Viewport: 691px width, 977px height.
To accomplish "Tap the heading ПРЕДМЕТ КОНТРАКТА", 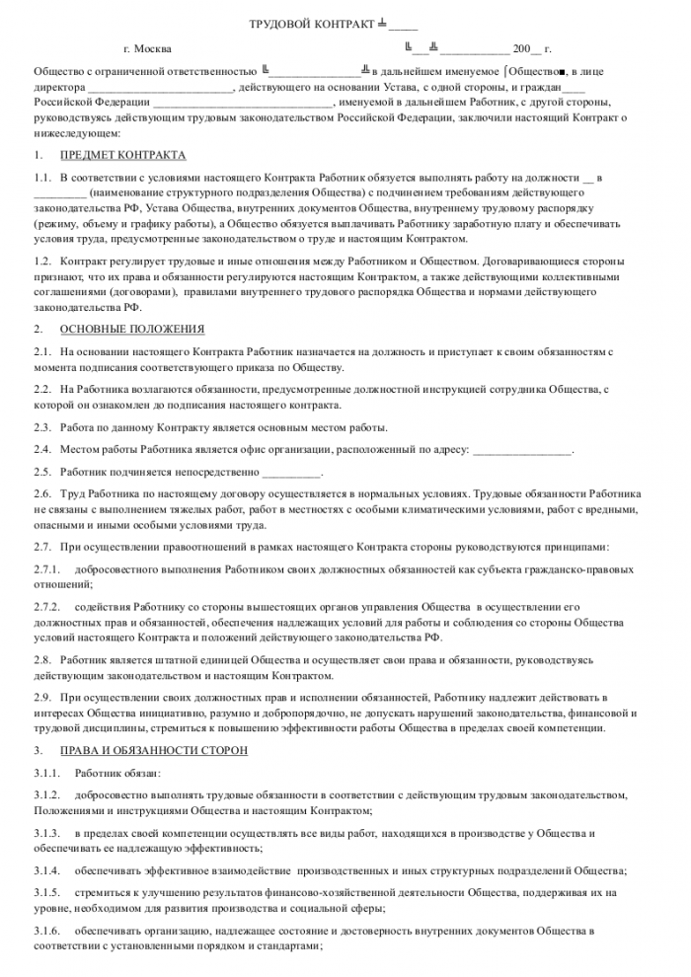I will (x=122, y=156).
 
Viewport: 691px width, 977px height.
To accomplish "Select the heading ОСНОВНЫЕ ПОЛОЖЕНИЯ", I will (x=132, y=328).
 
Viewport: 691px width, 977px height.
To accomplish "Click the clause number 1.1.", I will (x=42, y=178).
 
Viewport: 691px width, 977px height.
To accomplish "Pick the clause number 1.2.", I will (x=42, y=261).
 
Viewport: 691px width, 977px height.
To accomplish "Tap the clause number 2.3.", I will (x=42, y=426).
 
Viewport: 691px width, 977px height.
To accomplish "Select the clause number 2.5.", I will (x=42, y=471).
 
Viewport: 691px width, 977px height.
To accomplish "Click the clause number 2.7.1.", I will (x=46, y=569).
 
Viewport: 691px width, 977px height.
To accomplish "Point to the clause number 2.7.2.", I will (x=46, y=605).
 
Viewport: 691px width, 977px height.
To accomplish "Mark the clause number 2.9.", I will (x=42, y=697).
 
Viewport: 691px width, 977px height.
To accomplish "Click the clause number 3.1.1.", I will (x=46, y=773).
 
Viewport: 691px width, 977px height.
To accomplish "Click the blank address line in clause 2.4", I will (x=522, y=450).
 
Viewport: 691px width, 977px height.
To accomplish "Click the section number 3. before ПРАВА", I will (x=38, y=751).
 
